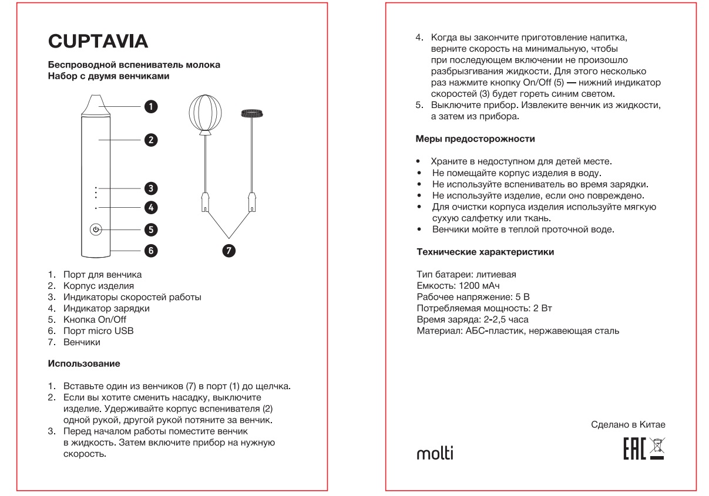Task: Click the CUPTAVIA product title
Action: click(98, 41)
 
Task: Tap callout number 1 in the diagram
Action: click(151, 106)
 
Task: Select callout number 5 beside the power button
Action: click(151, 230)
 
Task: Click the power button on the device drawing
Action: click(96, 230)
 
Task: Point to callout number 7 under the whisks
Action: click(229, 251)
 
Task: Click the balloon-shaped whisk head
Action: click(206, 113)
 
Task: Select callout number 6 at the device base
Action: click(151, 251)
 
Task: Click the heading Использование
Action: click(84, 364)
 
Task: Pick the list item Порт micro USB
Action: click(99, 331)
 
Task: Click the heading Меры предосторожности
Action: click(476, 139)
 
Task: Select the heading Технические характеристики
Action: click(485, 252)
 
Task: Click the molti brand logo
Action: click(435, 454)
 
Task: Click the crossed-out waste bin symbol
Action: click(664, 450)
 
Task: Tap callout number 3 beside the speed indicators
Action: click(151, 188)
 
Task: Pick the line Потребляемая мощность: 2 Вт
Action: click(483, 308)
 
